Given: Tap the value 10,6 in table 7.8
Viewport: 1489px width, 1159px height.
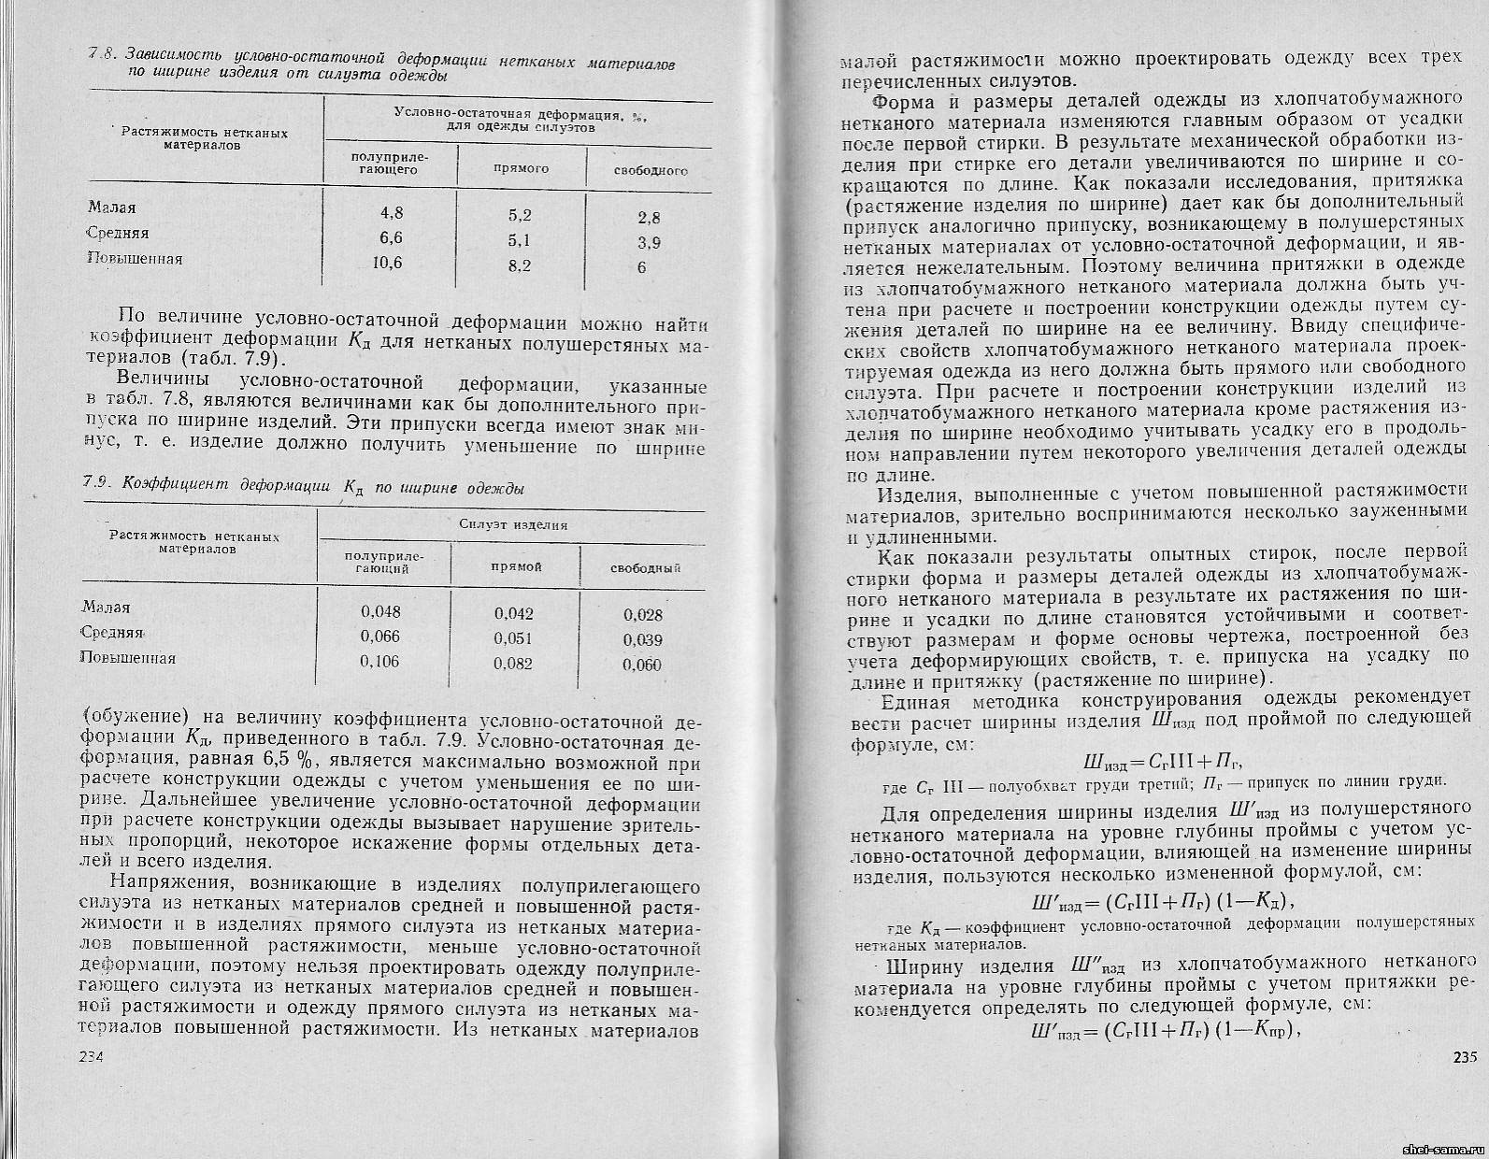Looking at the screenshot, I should pos(387,263).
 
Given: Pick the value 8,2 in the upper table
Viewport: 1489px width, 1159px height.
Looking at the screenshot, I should pos(520,266).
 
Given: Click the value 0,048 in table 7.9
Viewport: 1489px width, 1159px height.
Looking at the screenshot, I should pos(380,611).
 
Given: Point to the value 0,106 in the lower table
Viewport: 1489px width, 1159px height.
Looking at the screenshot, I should pos(380,661).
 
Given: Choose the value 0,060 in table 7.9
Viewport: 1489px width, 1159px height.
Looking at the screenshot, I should pos(642,665).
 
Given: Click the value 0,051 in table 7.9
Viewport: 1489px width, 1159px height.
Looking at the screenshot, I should pos(513,638).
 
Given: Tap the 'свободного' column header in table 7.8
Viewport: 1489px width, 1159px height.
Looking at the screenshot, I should pos(651,171).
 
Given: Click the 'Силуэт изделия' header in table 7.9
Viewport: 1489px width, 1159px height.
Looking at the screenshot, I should pos(514,525).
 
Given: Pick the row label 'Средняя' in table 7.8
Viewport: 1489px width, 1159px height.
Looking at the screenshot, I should pos(119,233).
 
